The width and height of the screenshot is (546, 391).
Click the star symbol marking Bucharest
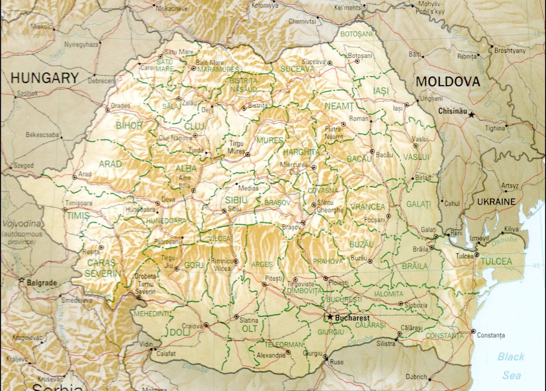330,317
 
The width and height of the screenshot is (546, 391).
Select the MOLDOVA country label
448,82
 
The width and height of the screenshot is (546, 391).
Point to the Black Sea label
511,366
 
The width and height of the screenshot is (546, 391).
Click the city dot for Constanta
474,331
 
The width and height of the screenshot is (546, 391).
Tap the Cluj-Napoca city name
175,138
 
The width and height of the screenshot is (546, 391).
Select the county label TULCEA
496,261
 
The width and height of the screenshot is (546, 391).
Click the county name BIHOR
129,126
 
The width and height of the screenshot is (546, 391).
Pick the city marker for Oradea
107,110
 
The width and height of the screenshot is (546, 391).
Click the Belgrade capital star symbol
22,280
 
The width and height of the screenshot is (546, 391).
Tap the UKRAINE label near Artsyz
496,202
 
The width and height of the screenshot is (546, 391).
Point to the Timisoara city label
79,203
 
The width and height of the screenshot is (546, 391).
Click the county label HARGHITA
302,152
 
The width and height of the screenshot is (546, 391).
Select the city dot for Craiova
206,324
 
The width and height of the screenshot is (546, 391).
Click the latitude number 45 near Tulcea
536,265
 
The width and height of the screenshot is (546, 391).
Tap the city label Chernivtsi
302,21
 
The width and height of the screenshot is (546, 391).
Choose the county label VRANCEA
368,207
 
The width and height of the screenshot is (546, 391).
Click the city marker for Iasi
407,105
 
